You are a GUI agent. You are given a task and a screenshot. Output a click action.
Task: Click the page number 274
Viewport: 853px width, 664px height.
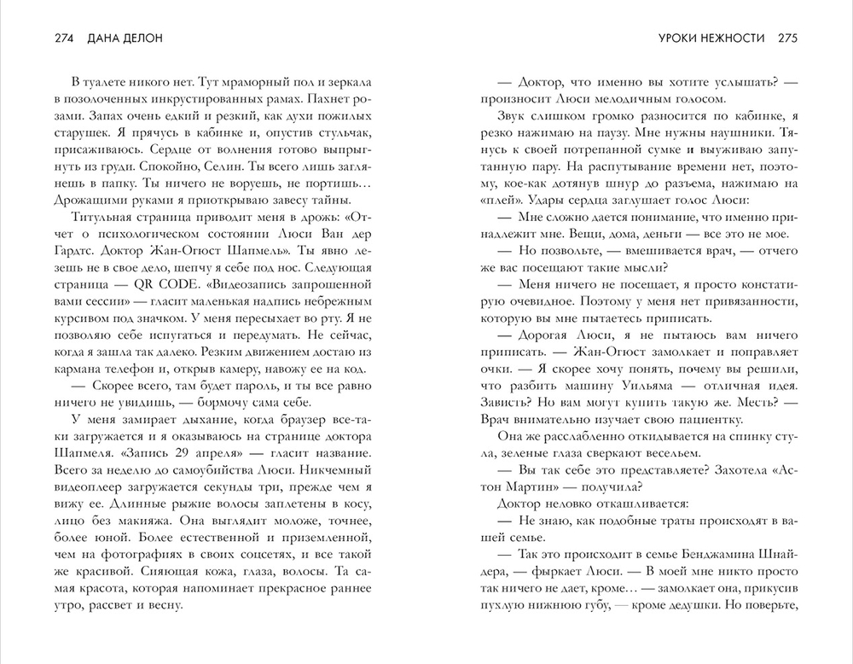(65, 38)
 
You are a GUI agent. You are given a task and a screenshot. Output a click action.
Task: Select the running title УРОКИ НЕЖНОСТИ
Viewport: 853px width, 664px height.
(715, 38)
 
